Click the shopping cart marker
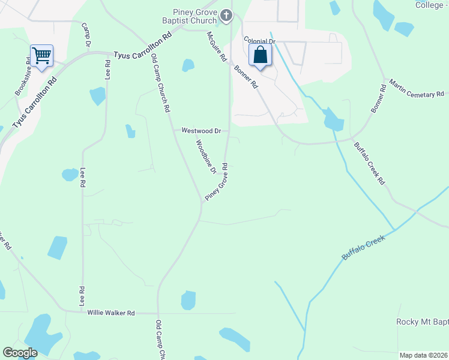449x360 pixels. [x=42, y=56]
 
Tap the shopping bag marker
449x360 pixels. [x=261, y=55]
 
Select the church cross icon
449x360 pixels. [x=226, y=16]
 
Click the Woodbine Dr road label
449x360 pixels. [x=205, y=157]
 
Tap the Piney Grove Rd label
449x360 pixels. [x=217, y=182]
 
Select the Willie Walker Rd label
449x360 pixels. [x=112, y=313]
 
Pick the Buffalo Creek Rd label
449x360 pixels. [x=368, y=164]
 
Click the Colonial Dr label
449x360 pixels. [x=259, y=41]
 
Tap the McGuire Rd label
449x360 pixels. [x=216, y=47]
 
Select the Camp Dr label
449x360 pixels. [x=86, y=36]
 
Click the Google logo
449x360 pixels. [x=20, y=353]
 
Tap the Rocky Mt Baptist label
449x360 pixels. [x=422, y=322]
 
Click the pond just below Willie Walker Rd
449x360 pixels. [x=188, y=300]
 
